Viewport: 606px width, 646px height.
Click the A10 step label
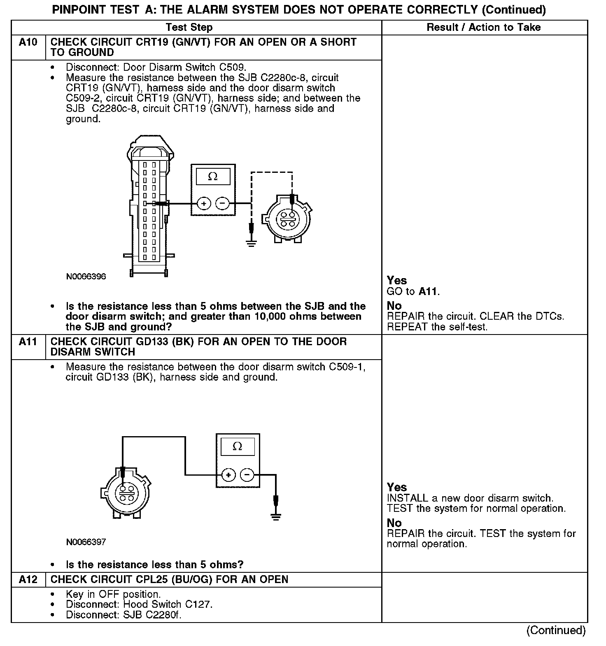click(28, 42)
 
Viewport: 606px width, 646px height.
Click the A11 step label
click(28, 342)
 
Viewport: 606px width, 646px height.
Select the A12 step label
click(28, 579)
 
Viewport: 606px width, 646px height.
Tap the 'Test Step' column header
click(189, 28)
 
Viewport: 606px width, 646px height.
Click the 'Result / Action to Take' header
click(484, 28)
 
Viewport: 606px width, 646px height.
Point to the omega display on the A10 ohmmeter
click(213, 177)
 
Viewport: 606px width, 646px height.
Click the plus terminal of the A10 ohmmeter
click(204, 203)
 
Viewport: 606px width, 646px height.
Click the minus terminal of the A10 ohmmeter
click(222, 203)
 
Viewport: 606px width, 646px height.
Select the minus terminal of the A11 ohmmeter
click(247, 475)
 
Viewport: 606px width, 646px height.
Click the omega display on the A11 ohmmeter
click(238, 446)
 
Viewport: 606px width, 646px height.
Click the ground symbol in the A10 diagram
click(252, 243)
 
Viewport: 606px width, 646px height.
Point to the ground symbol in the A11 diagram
click(276, 516)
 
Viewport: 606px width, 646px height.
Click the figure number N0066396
click(86, 277)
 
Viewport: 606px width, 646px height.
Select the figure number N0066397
click(86, 542)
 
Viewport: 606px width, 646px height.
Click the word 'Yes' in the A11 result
click(397, 487)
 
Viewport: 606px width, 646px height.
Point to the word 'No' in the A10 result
click(394, 306)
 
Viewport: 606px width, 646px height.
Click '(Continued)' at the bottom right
click(556, 630)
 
